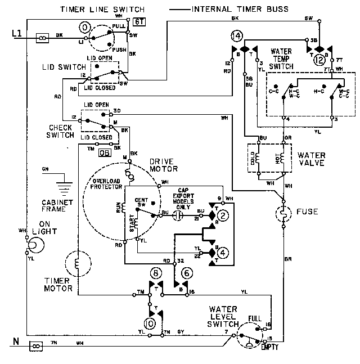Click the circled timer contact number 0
(x=85, y=27)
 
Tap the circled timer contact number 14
(x=237, y=37)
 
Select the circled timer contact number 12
(x=320, y=60)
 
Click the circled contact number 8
(x=156, y=274)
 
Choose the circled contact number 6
(x=187, y=274)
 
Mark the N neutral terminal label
(x=16, y=341)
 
